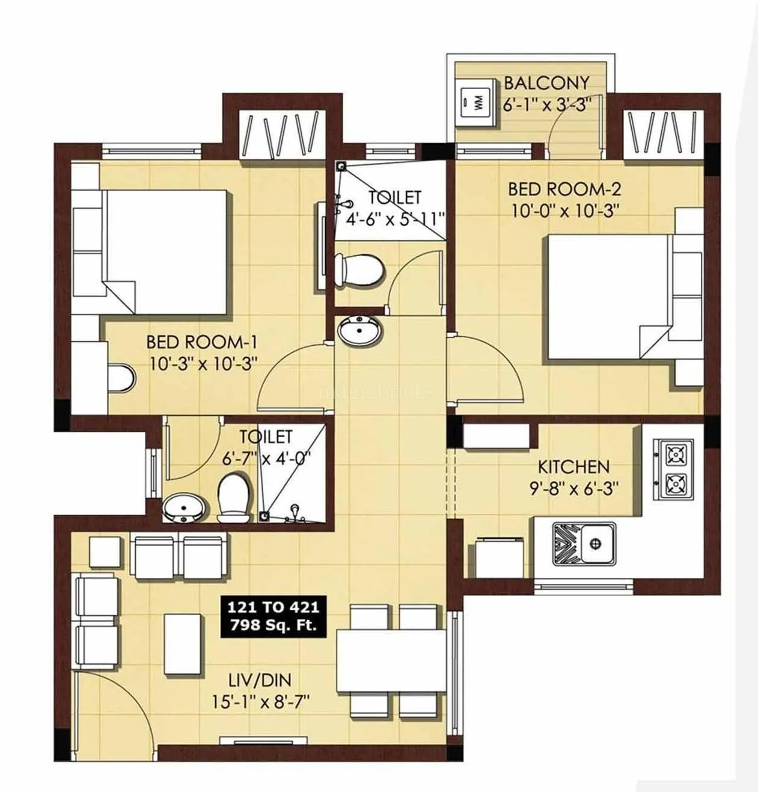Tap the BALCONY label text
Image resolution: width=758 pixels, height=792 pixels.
click(x=546, y=82)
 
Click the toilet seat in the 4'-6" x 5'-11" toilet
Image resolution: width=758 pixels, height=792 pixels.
click(x=360, y=270)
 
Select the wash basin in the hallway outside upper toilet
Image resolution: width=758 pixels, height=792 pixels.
click(x=359, y=330)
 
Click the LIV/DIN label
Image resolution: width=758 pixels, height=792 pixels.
click(x=260, y=680)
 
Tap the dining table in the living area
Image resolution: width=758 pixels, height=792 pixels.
click(x=391, y=661)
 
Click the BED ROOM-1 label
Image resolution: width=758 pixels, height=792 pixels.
click(x=202, y=342)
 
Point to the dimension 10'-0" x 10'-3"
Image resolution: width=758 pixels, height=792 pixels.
click(x=564, y=210)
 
